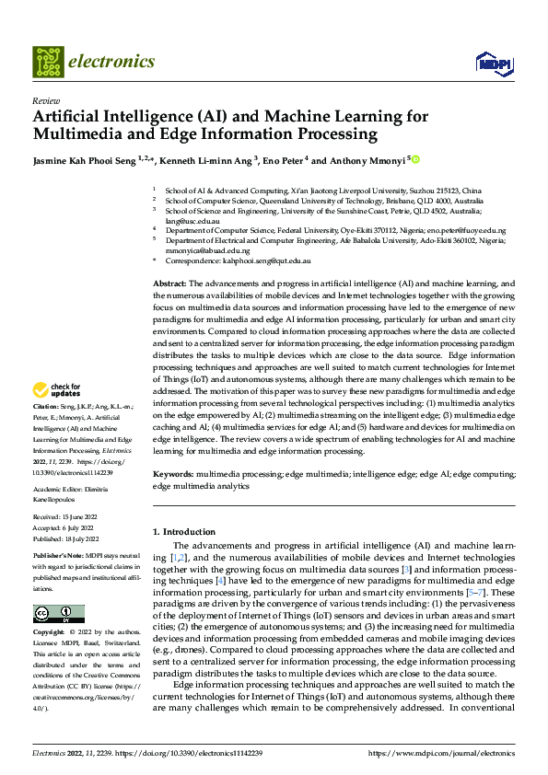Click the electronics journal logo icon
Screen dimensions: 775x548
pos(48,62)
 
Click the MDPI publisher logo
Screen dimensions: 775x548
pos(492,62)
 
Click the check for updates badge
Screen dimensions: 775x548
pos(59,391)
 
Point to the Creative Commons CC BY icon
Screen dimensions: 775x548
pos(59,614)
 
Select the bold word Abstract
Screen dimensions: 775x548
pos(169,283)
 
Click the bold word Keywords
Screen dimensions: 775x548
pos(173,473)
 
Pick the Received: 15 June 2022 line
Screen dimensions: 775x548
pos(67,518)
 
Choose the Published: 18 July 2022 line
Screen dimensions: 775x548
pos(68,538)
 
